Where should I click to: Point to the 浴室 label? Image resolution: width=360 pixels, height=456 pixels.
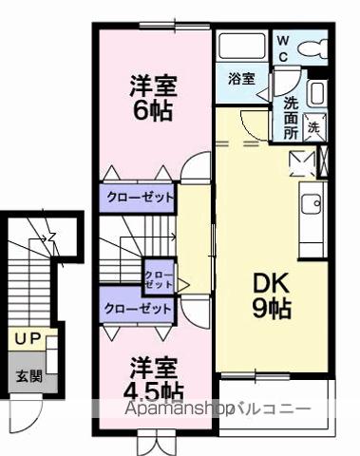241,80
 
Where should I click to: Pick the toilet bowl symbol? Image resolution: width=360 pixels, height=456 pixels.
313,47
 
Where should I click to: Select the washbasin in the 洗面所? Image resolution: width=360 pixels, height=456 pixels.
316,92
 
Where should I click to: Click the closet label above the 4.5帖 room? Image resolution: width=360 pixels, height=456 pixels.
138,308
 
